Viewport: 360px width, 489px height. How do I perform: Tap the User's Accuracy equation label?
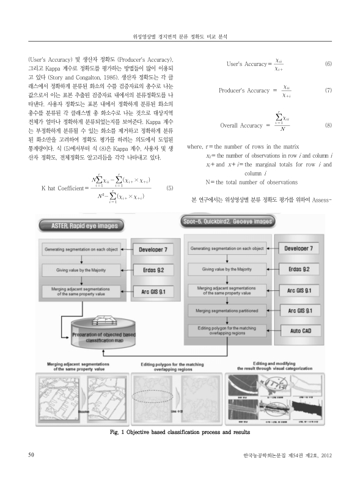247,64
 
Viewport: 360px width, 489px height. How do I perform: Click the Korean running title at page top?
180,37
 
